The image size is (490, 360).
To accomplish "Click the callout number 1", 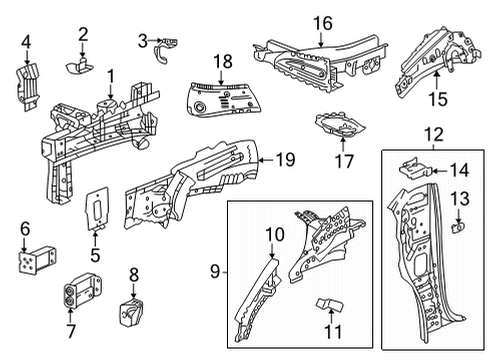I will point(111,75).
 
